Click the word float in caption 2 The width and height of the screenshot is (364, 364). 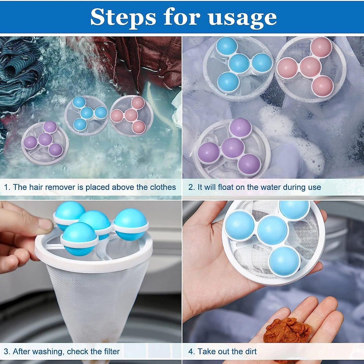click(x=232, y=187)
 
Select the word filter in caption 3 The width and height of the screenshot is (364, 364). click(x=112, y=352)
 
